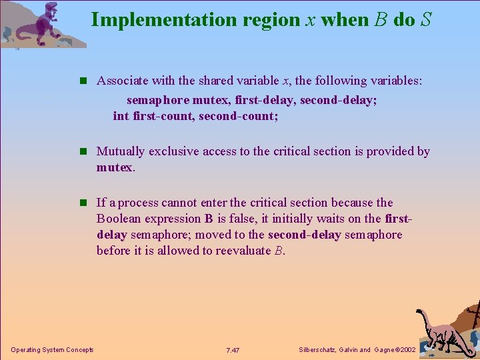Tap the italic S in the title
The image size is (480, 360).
425,19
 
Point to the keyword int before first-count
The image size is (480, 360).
121,116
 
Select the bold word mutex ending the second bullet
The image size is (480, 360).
115,167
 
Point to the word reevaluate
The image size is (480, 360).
243,251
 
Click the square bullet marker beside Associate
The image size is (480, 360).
83,81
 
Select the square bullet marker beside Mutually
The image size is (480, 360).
83,152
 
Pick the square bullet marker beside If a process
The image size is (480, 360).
83,203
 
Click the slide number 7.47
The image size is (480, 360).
233,350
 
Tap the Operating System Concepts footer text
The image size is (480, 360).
53,350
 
